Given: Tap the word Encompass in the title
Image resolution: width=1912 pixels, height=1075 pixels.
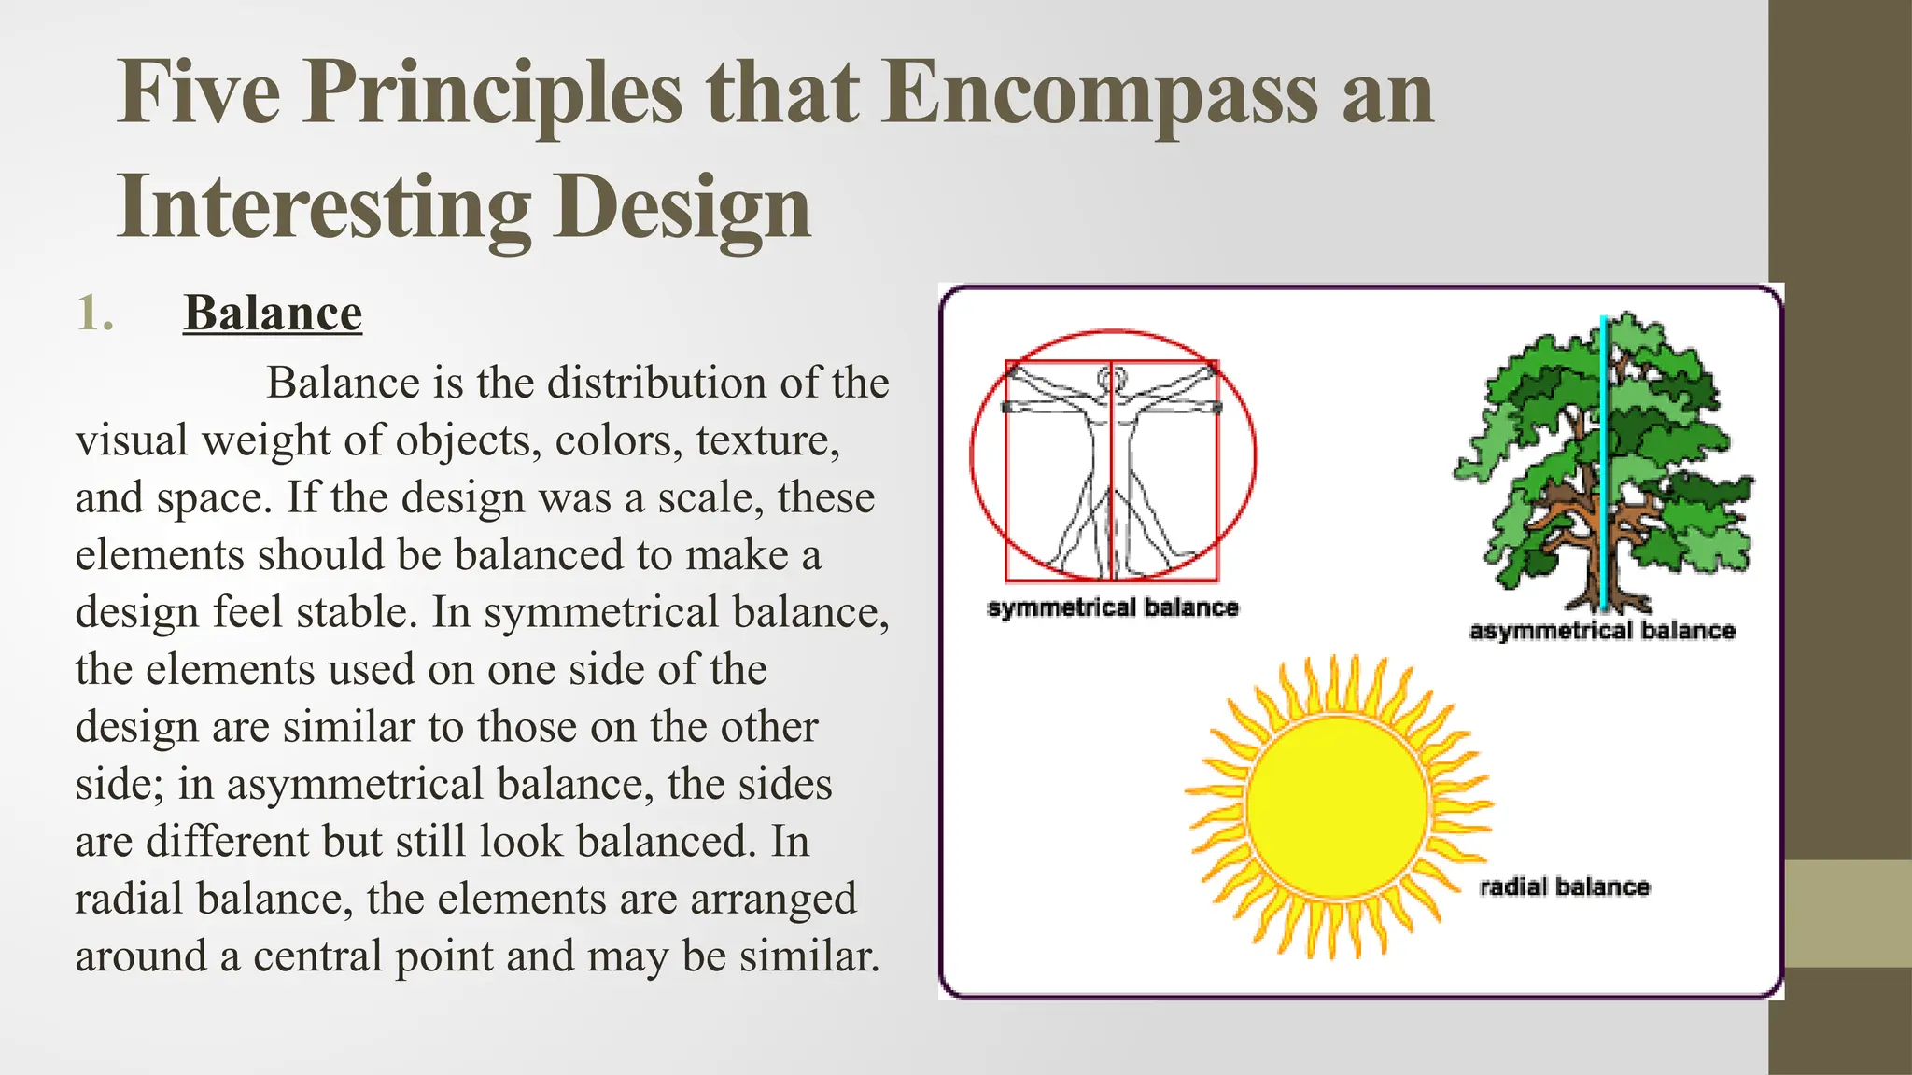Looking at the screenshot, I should point(1101,93).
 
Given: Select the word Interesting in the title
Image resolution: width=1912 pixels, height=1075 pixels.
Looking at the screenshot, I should point(323,207).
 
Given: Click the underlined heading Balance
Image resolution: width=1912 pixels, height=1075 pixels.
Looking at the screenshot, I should point(273,313).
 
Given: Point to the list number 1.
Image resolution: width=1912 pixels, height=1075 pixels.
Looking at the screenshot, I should point(95,313).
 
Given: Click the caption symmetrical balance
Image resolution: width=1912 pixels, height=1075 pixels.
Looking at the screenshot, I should point(1113,608).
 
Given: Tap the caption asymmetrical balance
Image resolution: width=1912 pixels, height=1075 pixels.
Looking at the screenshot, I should point(1602,632).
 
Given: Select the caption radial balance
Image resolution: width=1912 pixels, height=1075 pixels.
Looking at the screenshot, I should point(1565,887).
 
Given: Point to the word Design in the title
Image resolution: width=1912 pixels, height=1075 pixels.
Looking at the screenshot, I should point(682,207).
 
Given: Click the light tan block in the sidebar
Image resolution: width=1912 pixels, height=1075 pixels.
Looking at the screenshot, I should point(1839,914).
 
